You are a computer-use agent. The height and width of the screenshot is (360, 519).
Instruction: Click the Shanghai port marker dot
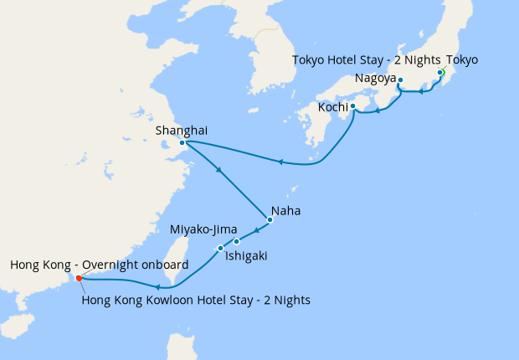coord(182,142)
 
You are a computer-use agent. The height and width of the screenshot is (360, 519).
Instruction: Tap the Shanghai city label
coord(182,130)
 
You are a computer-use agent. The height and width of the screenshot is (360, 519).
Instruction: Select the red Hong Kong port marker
coord(79,279)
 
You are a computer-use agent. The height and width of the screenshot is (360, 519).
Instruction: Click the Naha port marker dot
coord(270,220)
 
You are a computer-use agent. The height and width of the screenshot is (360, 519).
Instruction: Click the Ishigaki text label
coord(246,256)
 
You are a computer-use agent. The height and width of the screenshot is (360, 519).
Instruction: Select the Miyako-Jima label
coord(203,229)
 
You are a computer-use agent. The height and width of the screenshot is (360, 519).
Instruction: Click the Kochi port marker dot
coord(352,106)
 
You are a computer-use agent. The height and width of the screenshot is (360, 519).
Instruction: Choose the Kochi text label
coord(332,107)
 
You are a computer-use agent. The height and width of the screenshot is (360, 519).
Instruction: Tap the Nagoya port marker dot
coord(400,80)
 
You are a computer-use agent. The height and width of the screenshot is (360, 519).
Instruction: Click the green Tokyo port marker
coord(440,73)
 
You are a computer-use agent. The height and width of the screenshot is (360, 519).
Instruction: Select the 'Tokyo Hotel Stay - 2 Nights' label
coord(367,59)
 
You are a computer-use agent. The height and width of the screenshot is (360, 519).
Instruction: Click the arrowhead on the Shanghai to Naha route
coord(219,172)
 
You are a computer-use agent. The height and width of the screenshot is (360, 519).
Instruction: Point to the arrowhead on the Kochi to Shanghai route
coord(281,162)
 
